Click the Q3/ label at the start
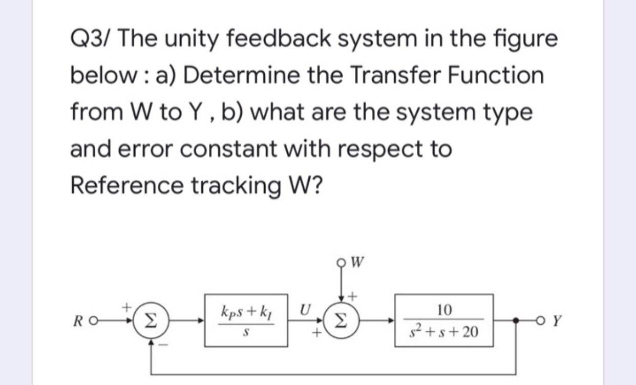(x=88, y=39)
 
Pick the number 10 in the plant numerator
(x=443, y=310)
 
